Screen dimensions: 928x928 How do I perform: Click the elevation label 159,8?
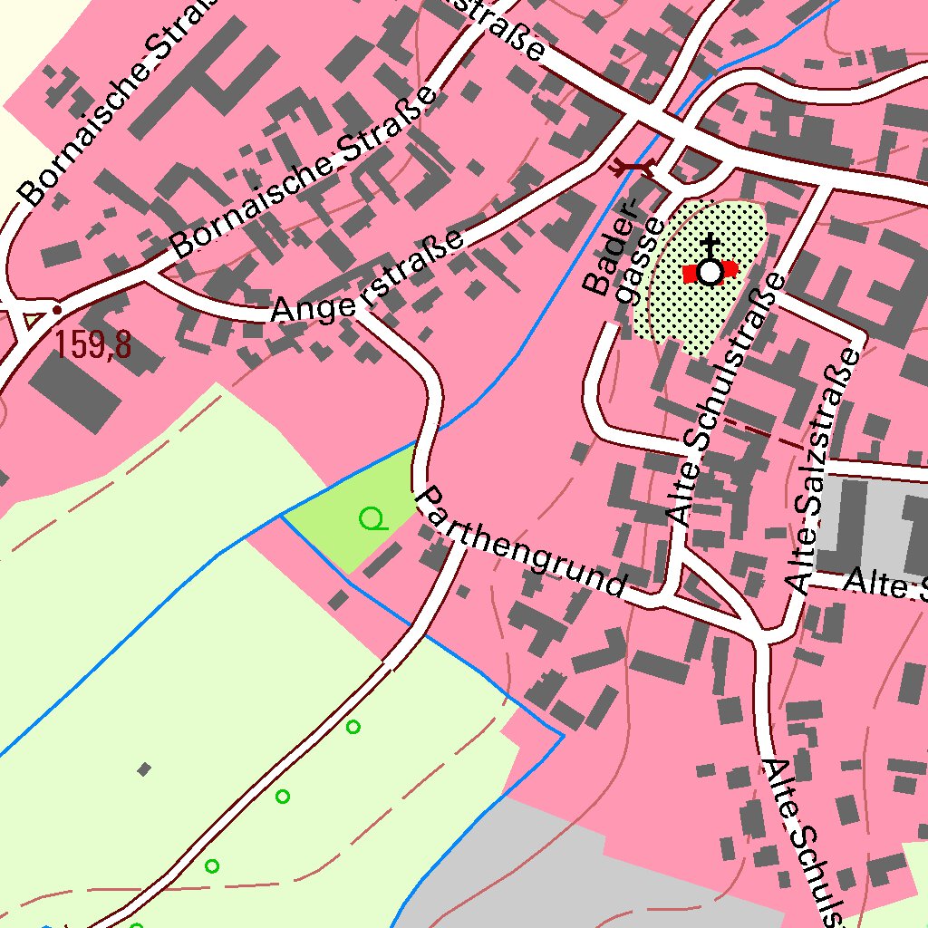pyautogui.click(x=92, y=345)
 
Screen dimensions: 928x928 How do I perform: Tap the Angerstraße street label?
pyautogui.click(x=368, y=276)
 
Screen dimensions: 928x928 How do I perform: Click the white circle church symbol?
pyautogui.click(x=710, y=271)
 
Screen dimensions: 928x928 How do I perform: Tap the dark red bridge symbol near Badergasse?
pyautogui.click(x=632, y=166)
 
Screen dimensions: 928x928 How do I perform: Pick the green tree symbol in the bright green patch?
pyautogui.click(x=372, y=519)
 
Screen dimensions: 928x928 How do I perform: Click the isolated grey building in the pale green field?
pyautogui.click(x=143, y=769)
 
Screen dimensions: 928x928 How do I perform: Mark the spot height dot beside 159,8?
pyautogui.click(x=57, y=310)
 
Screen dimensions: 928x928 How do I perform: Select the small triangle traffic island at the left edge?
pyautogui.click(x=34, y=319)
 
